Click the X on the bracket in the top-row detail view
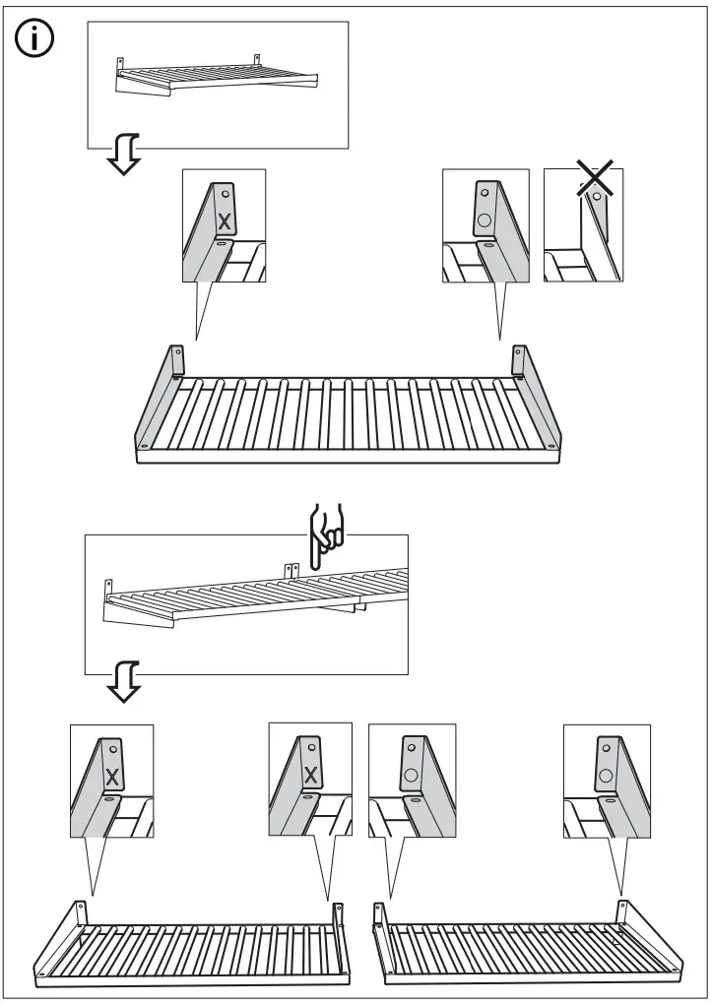[224, 217]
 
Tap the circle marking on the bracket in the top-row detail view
[485, 220]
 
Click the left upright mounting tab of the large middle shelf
[177, 359]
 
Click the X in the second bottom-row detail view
[311, 775]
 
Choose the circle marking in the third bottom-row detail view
[409, 775]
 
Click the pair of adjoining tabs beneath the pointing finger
[291, 571]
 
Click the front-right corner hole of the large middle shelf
[556, 445]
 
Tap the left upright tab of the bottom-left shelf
[80, 910]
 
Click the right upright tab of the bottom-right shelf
[622, 910]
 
